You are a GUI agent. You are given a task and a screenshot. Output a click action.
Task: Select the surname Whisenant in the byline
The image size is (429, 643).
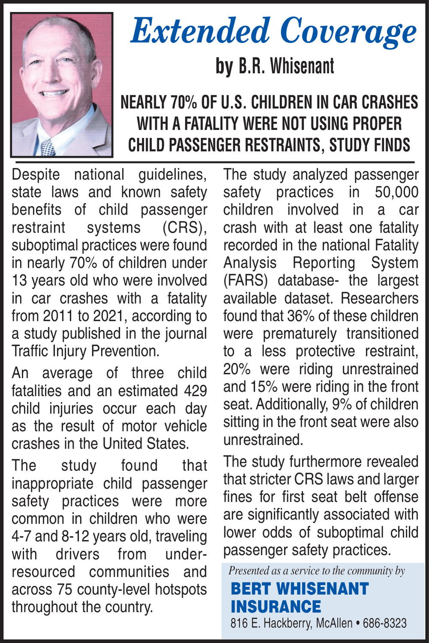(x=302, y=66)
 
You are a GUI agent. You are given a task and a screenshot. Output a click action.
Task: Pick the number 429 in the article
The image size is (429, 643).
(x=195, y=391)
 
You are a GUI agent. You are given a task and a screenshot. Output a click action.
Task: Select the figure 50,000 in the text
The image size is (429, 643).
(x=396, y=192)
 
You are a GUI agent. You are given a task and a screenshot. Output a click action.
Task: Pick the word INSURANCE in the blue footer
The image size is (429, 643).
(x=276, y=607)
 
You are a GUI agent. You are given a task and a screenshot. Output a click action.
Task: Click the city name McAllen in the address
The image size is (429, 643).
(x=334, y=623)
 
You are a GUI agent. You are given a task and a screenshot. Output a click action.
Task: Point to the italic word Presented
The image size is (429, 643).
(x=248, y=571)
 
